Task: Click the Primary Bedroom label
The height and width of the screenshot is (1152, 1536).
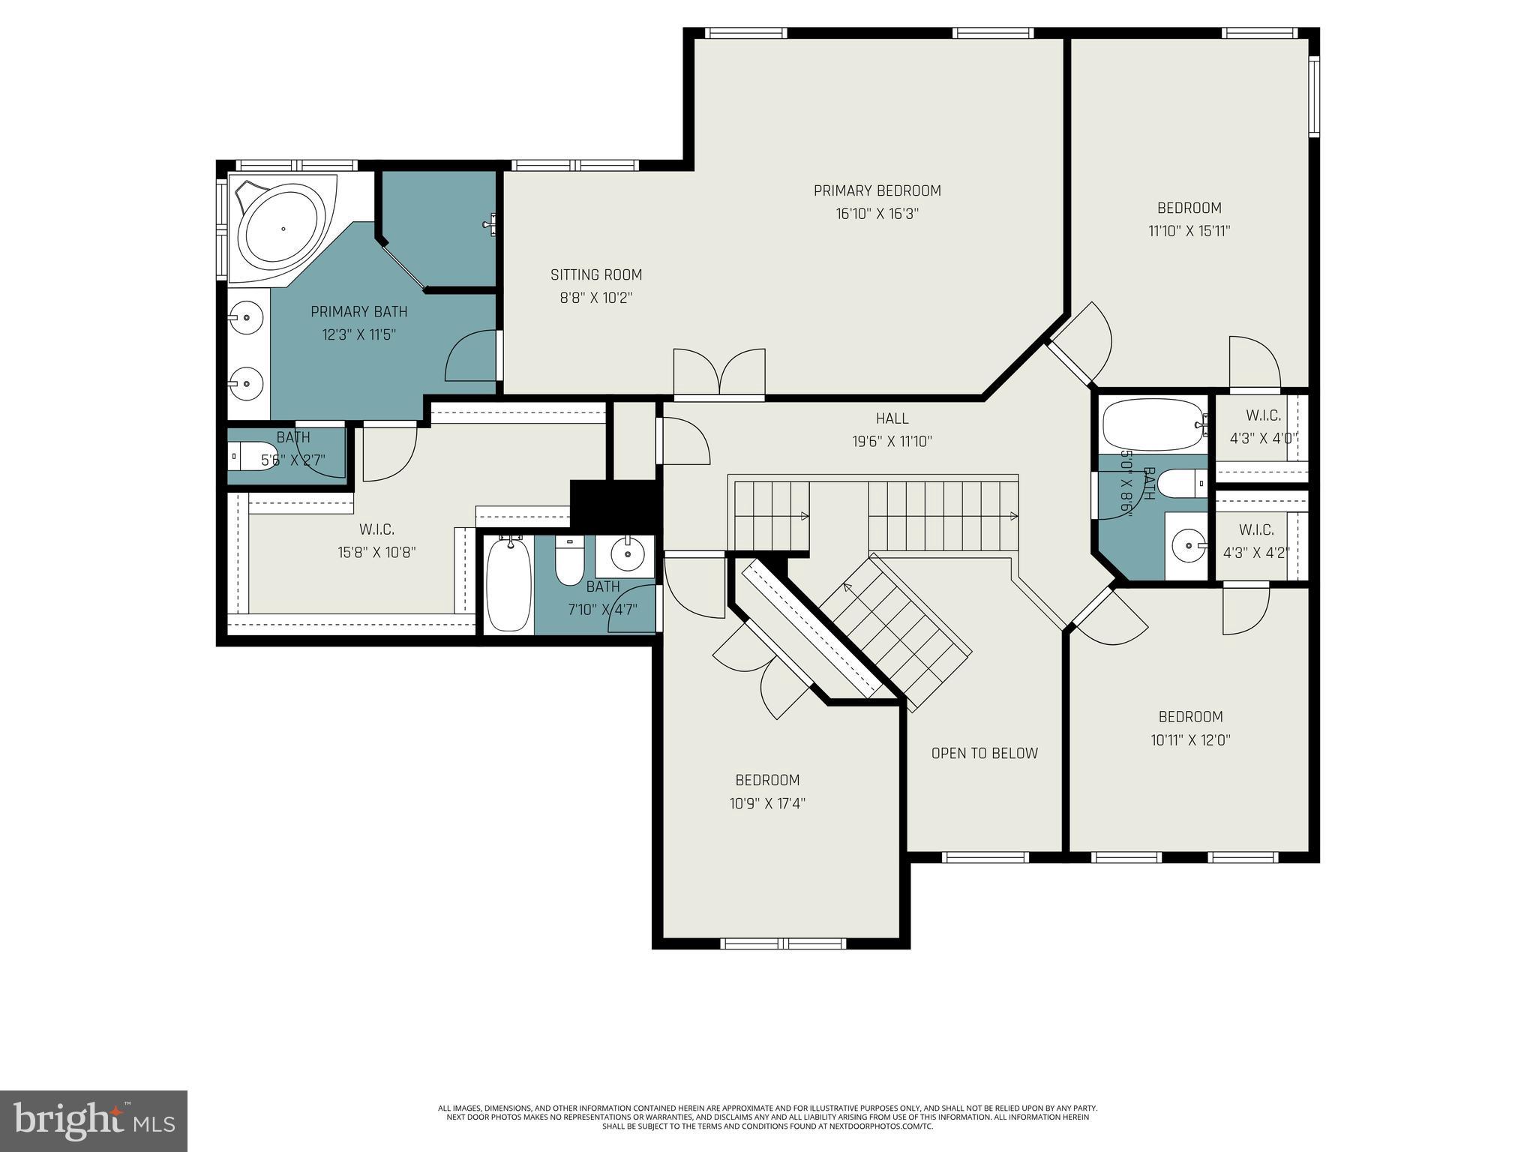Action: coord(877,190)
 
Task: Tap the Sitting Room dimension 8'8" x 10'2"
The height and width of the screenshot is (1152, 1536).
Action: coord(596,298)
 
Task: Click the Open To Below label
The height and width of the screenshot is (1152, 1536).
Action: coord(984,753)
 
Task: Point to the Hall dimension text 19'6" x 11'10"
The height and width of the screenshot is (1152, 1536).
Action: coord(892,442)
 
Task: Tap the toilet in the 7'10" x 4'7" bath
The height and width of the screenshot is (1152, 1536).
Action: coord(569,562)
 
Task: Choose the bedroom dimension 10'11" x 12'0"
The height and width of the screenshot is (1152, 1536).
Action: coord(1190,740)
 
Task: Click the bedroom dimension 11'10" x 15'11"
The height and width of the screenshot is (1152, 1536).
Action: coord(1189,231)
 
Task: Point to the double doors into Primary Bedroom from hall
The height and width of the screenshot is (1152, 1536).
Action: coord(719,373)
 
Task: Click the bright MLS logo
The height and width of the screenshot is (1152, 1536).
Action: coord(93,1120)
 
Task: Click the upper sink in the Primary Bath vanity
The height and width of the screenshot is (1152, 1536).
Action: coord(246,318)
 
